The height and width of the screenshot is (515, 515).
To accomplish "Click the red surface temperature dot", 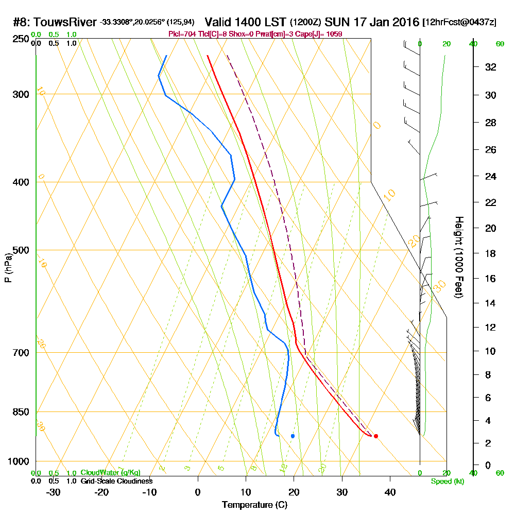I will [376, 436].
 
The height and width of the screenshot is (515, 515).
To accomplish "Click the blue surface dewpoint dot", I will [293, 436].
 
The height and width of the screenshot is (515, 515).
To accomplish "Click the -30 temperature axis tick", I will [54, 492].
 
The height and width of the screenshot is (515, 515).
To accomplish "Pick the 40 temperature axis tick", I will [390, 492].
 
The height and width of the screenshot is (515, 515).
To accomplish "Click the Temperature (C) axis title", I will [254, 505].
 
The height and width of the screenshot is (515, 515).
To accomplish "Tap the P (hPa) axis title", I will [8, 268].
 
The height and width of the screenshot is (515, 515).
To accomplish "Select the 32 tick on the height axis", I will [491, 67].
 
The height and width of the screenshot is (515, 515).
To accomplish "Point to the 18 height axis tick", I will [491, 253].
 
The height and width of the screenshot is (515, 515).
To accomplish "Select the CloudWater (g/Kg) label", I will [110, 473].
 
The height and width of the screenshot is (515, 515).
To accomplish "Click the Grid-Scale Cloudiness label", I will [116, 481].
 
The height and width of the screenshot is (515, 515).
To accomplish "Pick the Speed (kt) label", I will [447, 482].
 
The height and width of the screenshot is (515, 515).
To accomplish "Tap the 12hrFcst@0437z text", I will [460, 23].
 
